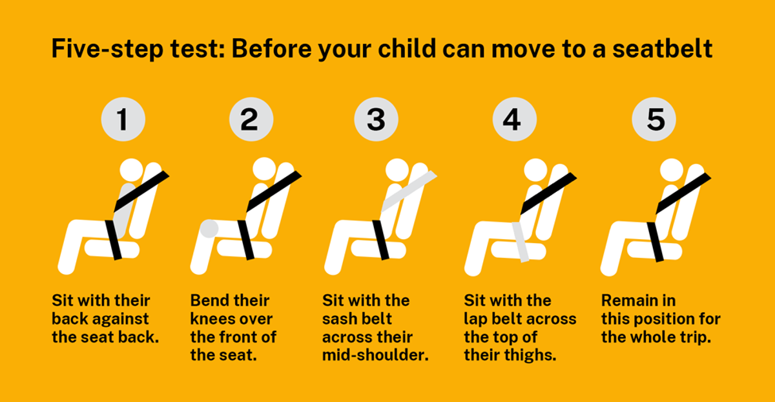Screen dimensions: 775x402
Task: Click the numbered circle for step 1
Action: [123, 119]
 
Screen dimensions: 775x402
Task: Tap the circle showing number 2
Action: [251, 119]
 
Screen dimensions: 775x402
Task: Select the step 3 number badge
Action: [376, 119]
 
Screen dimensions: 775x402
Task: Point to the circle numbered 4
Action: [515, 119]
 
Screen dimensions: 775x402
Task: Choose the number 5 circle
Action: [654, 119]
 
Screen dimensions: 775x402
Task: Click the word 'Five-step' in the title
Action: [107, 48]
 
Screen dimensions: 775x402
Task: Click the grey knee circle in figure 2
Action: [209, 229]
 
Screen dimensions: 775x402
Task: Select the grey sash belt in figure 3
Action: [409, 191]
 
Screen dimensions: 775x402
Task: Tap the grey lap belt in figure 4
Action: [521, 242]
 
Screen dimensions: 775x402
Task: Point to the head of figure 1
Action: [132, 171]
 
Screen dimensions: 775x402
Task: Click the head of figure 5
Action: [672, 171]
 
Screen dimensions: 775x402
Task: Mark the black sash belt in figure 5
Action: [683, 193]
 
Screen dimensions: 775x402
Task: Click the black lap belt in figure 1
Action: [114, 240]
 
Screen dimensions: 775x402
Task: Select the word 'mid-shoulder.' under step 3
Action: [375, 355]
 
